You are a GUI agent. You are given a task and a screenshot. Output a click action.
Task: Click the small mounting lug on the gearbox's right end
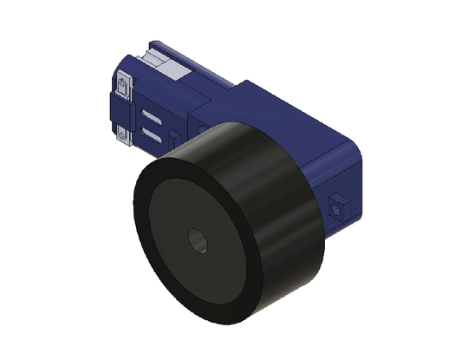pos(339,206)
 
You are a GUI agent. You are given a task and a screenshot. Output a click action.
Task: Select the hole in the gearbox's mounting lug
pos(337,207)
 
